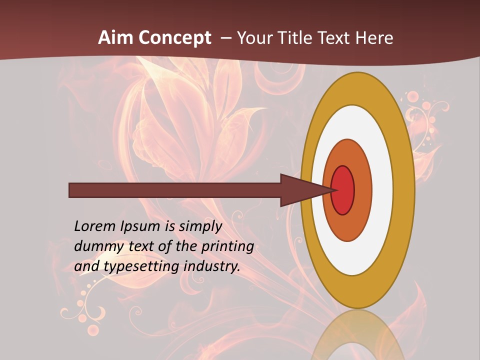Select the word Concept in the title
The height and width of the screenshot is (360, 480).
tap(174, 38)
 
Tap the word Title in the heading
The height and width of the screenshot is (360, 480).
tap(295, 38)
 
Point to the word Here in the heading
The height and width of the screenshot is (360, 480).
tap(374, 38)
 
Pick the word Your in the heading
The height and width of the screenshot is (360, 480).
tap(254, 38)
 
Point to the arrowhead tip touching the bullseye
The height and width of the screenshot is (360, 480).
tap(334, 190)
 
